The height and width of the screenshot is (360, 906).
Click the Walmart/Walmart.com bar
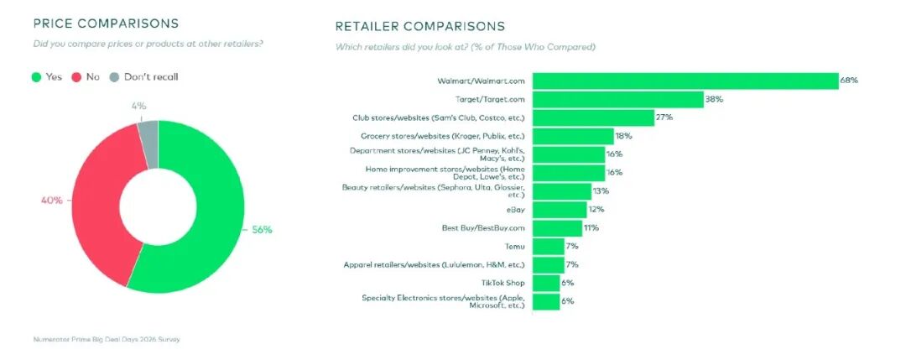point(685,81)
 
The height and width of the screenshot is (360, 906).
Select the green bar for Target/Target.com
point(617,99)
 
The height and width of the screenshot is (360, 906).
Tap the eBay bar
point(560,210)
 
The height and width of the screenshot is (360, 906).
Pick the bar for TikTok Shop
point(546,283)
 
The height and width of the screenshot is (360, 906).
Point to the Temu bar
point(549,246)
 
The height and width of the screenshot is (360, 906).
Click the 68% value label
point(849,81)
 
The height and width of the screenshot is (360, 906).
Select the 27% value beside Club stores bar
point(664,117)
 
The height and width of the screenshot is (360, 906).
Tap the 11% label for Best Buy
point(591,228)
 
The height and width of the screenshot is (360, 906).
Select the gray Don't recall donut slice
point(148,144)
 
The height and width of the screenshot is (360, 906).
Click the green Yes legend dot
point(36,77)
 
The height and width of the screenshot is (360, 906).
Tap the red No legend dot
point(75,77)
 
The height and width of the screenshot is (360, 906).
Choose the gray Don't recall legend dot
point(114,77)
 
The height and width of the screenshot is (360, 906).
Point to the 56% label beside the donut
point(262,229)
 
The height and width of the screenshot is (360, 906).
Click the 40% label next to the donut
point(51,201)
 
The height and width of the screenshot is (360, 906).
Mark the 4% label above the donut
point(138,106)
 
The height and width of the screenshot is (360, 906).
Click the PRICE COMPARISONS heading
point(106,23)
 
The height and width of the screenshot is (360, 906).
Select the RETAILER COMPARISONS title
point(420,26)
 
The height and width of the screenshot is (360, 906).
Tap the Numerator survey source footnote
point(107,340)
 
